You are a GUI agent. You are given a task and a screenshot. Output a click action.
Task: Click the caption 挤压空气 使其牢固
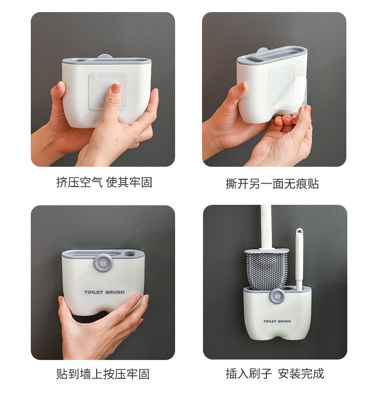coord(104,182)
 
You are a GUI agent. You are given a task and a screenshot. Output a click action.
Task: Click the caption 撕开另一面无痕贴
coord(272,184)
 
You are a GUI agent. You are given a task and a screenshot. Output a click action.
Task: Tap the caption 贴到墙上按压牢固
coord(102,374)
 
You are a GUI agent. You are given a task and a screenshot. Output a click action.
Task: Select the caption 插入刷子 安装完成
coord(275,374)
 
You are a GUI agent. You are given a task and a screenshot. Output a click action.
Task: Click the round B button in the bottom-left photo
coord(103,263)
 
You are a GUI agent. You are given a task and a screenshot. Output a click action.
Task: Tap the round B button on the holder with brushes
coord(277,296)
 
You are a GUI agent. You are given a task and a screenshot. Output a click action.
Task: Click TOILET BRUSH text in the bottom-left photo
coord(104,292)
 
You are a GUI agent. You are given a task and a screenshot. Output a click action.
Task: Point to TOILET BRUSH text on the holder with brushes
coord(277,321)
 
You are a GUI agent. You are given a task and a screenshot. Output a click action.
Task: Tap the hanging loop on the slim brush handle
coord(300,232)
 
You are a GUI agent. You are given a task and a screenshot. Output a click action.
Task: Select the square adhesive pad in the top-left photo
coord(108,92)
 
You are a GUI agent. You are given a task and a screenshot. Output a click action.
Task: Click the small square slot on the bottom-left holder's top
coord(129,254)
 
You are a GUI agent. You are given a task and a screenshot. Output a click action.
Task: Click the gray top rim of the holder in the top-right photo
coord(272,56)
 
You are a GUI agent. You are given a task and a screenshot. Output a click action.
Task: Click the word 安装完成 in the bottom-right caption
coord(301,374)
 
